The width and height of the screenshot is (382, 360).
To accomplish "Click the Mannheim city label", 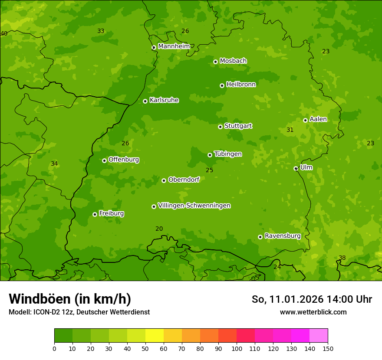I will tap(174, 46).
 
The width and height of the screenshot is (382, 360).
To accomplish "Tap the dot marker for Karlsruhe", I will tap(145, 101).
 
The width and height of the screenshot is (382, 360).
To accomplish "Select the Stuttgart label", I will tap(238, 126).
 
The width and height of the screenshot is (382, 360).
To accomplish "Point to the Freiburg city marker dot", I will tap(95, 214).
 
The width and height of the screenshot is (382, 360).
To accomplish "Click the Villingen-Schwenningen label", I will tap(194, 206).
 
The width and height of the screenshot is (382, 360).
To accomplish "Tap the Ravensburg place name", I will tap(282, 236).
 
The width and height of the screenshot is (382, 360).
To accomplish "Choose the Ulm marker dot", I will tap(296, 168).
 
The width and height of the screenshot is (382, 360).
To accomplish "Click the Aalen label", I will tap(318, 119).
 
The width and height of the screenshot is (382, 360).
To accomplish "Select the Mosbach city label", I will tap(233, 61).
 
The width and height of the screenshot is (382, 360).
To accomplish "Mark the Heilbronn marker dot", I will tap(222, 85).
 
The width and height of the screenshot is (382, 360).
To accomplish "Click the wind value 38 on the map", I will tap(342, 258).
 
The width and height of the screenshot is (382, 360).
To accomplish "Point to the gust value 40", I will tap(4, 33).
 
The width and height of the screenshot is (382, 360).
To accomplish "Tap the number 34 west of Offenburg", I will tap(54, 164).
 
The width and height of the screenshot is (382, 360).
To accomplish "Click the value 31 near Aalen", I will tap(290, 130).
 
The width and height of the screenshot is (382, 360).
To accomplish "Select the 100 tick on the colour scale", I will tap(237, 348).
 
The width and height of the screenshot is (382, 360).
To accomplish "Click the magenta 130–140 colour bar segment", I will tap(300, 336).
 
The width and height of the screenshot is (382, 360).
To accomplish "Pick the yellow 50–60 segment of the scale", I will tap(155, 336).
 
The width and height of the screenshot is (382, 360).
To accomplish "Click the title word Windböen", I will tap(38, 299).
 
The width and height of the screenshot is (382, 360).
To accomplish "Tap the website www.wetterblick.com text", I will tap(313, 312).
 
